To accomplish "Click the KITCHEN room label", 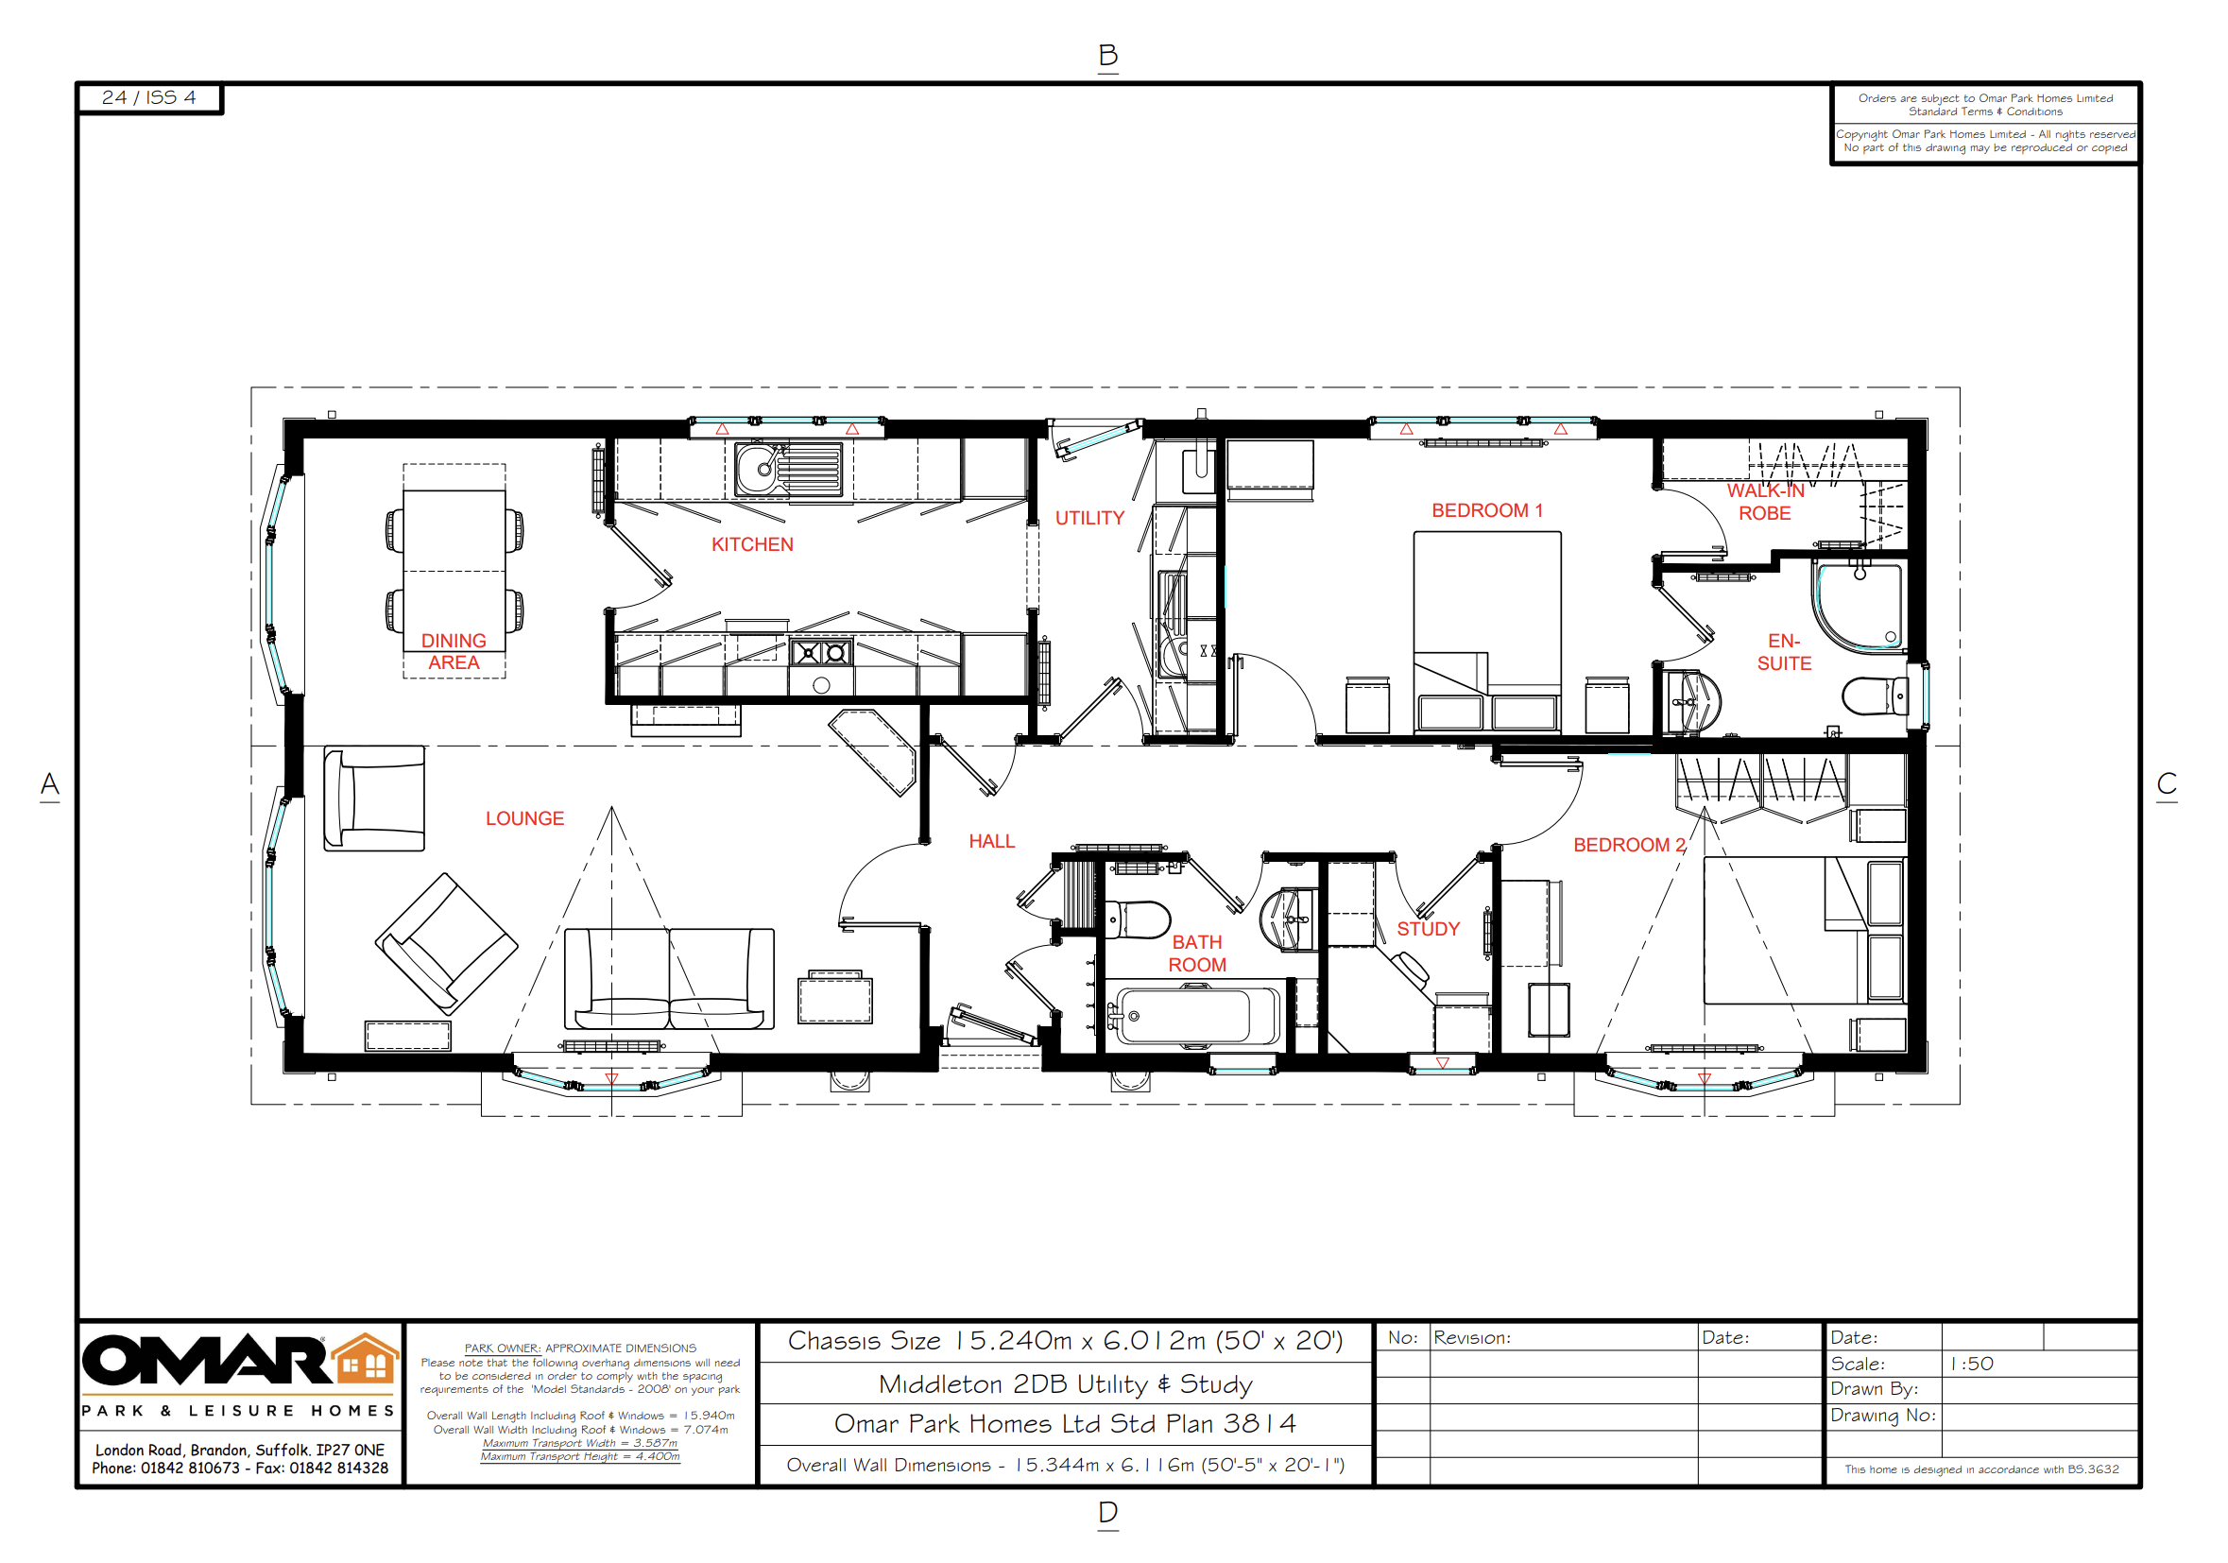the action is [x=752, y=545].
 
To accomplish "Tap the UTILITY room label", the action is [x=1089, y=519].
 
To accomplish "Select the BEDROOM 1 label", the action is [x=1486, y=511].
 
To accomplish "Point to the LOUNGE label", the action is [x=525, y=819].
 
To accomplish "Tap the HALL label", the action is [x=992, y=842].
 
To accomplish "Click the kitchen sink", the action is [x=788, y=470].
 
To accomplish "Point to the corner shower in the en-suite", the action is [x=1858, y=608].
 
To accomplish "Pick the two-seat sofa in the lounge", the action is [x=669, y=979].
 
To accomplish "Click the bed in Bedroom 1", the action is [x=1486, y=631].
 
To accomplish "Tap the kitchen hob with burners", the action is [x=821, y=653].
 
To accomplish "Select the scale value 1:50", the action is [x=1972, y=1365].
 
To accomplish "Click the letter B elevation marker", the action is [x=1108, y=56].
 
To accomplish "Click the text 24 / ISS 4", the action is [x=148, y=98].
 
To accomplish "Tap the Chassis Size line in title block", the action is [x=1065, y=1341].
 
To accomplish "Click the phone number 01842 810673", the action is [x=190, y=1468].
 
